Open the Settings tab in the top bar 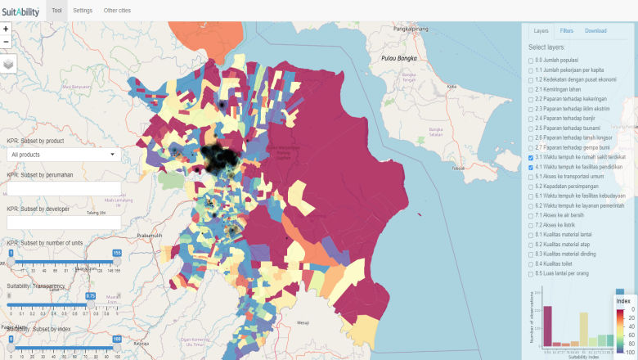point(83,11)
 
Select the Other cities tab point(116,11)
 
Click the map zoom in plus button point(7,29)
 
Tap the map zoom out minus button point(7,41)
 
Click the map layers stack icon point(8,64)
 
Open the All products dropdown point(63,154)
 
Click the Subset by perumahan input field point(63,188)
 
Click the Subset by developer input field point(63,223)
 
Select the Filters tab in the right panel point(567,31)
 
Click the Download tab point(595,31)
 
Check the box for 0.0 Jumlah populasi point(531,61)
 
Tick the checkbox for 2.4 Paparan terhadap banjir point(531,119)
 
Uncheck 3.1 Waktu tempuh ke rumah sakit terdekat point(531,157)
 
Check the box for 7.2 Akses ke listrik point(531,225)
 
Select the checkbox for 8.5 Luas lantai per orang point(531,273)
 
